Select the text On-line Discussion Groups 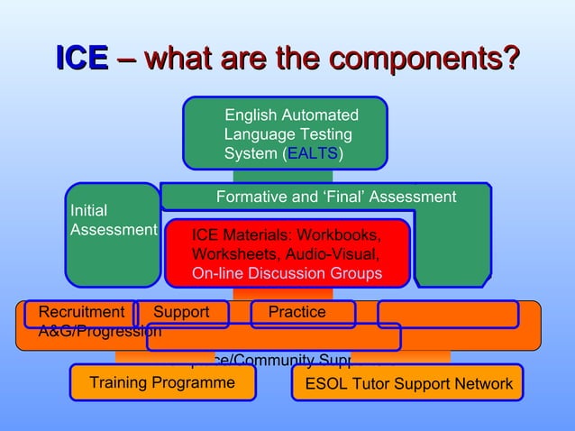[287, 273]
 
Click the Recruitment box [80, 313]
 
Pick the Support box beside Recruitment [182, 313]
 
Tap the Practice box [302, 313]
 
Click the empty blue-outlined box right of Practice [448, 314]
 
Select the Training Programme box [162, 382]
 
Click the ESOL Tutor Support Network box [408, 383]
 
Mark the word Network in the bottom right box [484, 384]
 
